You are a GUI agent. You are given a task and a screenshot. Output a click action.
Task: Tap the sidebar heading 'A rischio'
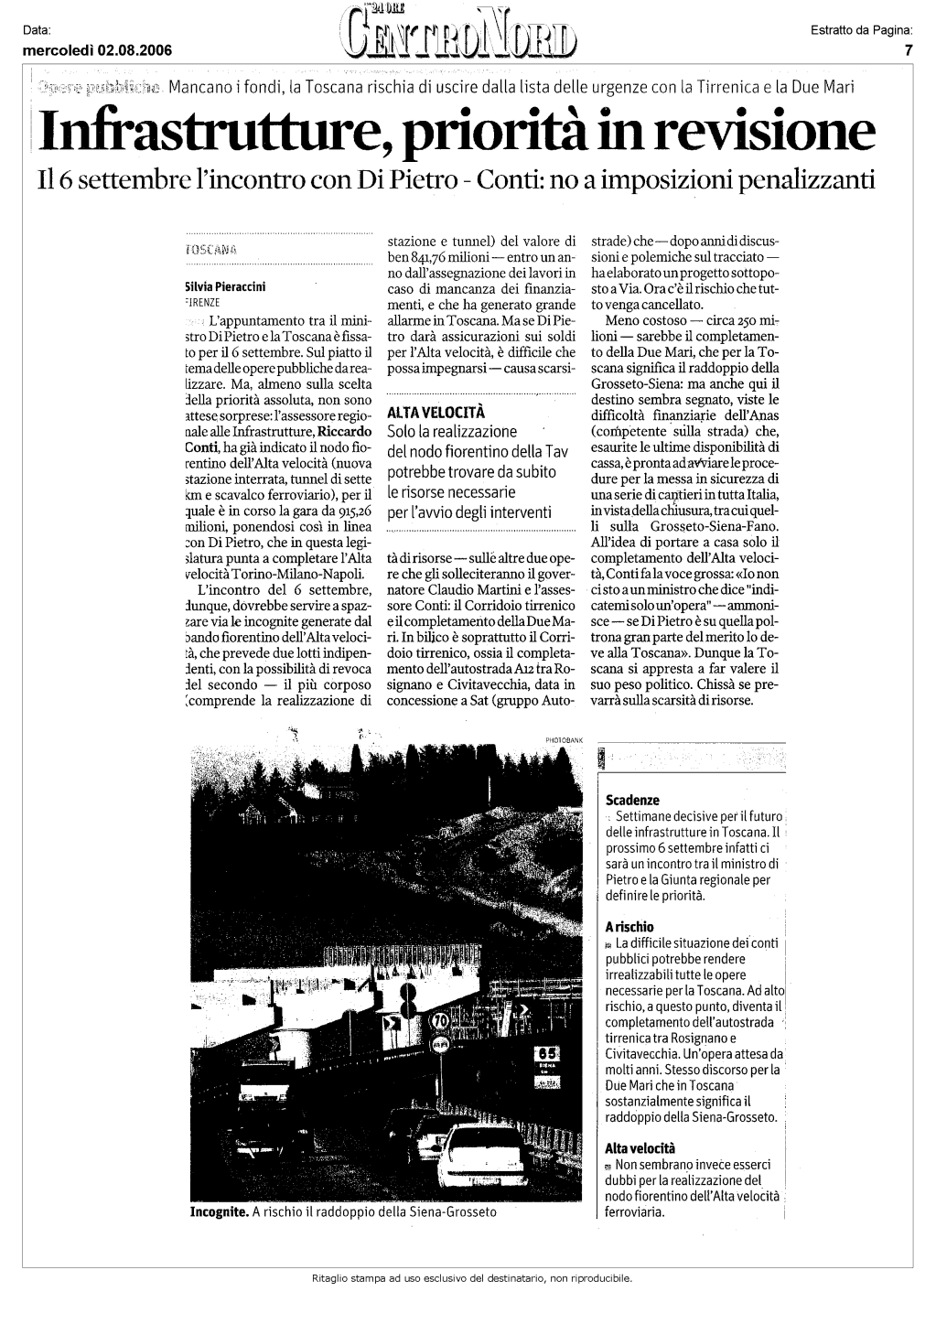pyautogui.click(x=629, y=927)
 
